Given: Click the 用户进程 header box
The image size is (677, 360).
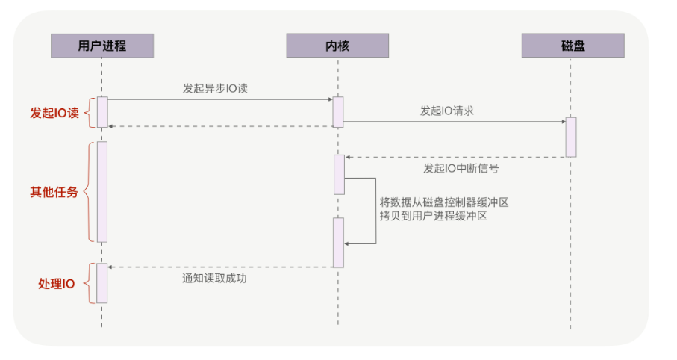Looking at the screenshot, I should pos(102,46).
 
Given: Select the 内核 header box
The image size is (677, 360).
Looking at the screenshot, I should pos(337,46).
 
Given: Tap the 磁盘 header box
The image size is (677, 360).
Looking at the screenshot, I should pos(573,46).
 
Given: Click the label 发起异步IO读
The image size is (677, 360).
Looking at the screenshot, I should pos(215,88).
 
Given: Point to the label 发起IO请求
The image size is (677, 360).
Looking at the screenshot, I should pos(447,111).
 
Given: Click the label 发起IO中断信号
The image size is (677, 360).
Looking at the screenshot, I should pos(461,168).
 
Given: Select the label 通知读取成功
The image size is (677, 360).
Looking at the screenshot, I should pos(214,279).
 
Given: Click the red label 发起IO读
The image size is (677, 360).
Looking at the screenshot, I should pos(54,113).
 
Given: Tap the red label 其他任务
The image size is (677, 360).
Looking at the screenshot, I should pos(54,192).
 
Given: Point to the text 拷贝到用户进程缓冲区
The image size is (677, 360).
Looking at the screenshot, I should pos(433,216).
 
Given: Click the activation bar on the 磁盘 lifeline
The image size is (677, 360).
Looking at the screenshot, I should pos(571,137).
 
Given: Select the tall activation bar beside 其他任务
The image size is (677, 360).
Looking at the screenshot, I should pos(102,192).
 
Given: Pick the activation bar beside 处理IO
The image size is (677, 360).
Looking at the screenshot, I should pos(102,283).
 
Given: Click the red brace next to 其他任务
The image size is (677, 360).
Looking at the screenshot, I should pos(87,192).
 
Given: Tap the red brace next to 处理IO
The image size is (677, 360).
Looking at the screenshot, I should pos(87,283).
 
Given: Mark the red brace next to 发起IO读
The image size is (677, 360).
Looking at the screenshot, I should pos(87,113).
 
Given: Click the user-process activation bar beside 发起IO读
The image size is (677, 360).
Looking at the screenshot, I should pos(102,112).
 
